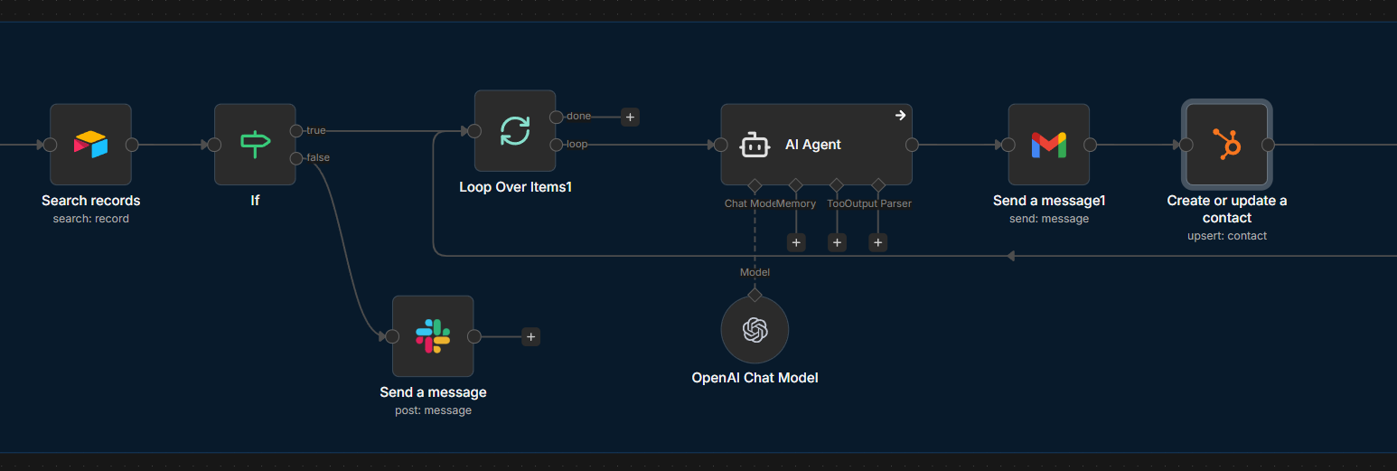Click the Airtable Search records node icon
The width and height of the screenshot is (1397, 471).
point(90,145)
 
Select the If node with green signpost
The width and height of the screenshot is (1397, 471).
point(255,145)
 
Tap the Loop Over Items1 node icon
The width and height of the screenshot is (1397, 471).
point(515,130)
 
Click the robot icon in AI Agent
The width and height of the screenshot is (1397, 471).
point(755,145)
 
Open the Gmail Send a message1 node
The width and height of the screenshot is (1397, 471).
point(1048,145)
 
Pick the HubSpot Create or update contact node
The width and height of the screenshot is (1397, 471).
point(1226,145)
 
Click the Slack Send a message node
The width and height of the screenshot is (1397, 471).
point(433,336)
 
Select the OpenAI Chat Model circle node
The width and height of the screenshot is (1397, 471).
point(755,330)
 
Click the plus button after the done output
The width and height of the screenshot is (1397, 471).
point(630,117)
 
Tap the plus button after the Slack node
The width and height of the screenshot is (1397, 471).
point(530,336)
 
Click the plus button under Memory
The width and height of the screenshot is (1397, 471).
point(796,242)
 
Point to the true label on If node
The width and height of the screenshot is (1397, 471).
point(316,131)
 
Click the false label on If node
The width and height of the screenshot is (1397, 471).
point(318,158)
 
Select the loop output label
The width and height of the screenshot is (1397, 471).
point(577,145)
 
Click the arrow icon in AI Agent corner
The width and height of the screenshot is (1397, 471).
point(900,116)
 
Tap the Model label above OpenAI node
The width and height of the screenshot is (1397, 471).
point(755,272)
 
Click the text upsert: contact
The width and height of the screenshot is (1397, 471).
point(1226,236)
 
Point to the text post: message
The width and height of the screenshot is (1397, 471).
point(433,410)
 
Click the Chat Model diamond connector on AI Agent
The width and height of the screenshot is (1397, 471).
point(755,184)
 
